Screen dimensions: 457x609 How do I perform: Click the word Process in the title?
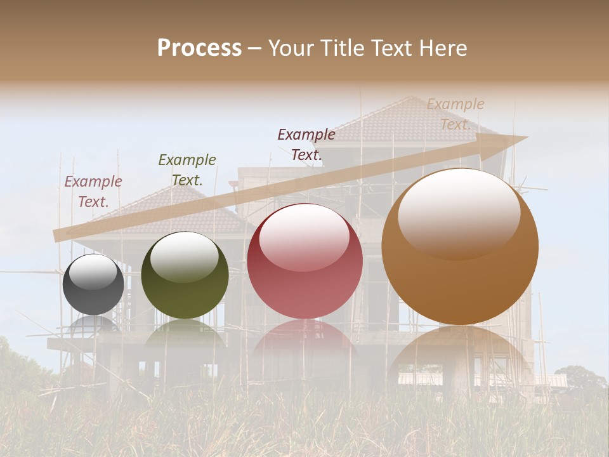(x=199, y=48)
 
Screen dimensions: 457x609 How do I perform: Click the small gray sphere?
(x=93, y=285)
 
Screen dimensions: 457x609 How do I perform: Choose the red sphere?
(x=304, y=262)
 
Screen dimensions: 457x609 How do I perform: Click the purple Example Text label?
(x=93, y=191)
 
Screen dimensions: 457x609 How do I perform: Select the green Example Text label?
(x=187, y=169)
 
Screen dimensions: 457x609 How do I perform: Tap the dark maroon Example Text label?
(x=306, y=144)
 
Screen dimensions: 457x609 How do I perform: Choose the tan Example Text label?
(x=455, y=114)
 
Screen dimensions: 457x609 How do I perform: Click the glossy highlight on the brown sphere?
(x=459, y=213)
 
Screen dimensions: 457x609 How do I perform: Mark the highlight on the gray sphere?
(x=93, y=270)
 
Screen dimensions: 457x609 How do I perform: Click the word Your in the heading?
(x=289, y=48)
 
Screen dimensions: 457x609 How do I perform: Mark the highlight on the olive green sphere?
(x=184, y=256)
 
